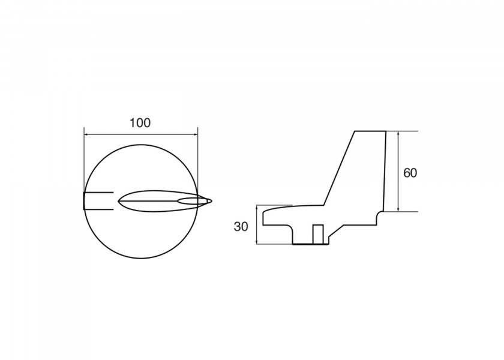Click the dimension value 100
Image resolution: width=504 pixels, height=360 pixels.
(x=140, y=123)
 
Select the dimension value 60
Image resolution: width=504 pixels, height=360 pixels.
(x=410, y=173)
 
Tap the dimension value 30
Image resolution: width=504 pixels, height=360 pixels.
(x=241, y=227)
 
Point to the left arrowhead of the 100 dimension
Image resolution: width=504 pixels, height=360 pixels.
(x=86, y=134)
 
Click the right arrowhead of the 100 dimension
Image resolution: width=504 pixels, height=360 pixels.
(x=196, y=134)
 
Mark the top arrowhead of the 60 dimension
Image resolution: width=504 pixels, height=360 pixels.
(x=398, y=133)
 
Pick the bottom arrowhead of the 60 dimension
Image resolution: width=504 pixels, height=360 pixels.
(x=398, y=209)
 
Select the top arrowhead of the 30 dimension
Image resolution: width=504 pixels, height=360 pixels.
(x=257, y=208)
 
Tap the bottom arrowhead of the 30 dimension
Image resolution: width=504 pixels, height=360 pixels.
(x=257, y=241)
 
